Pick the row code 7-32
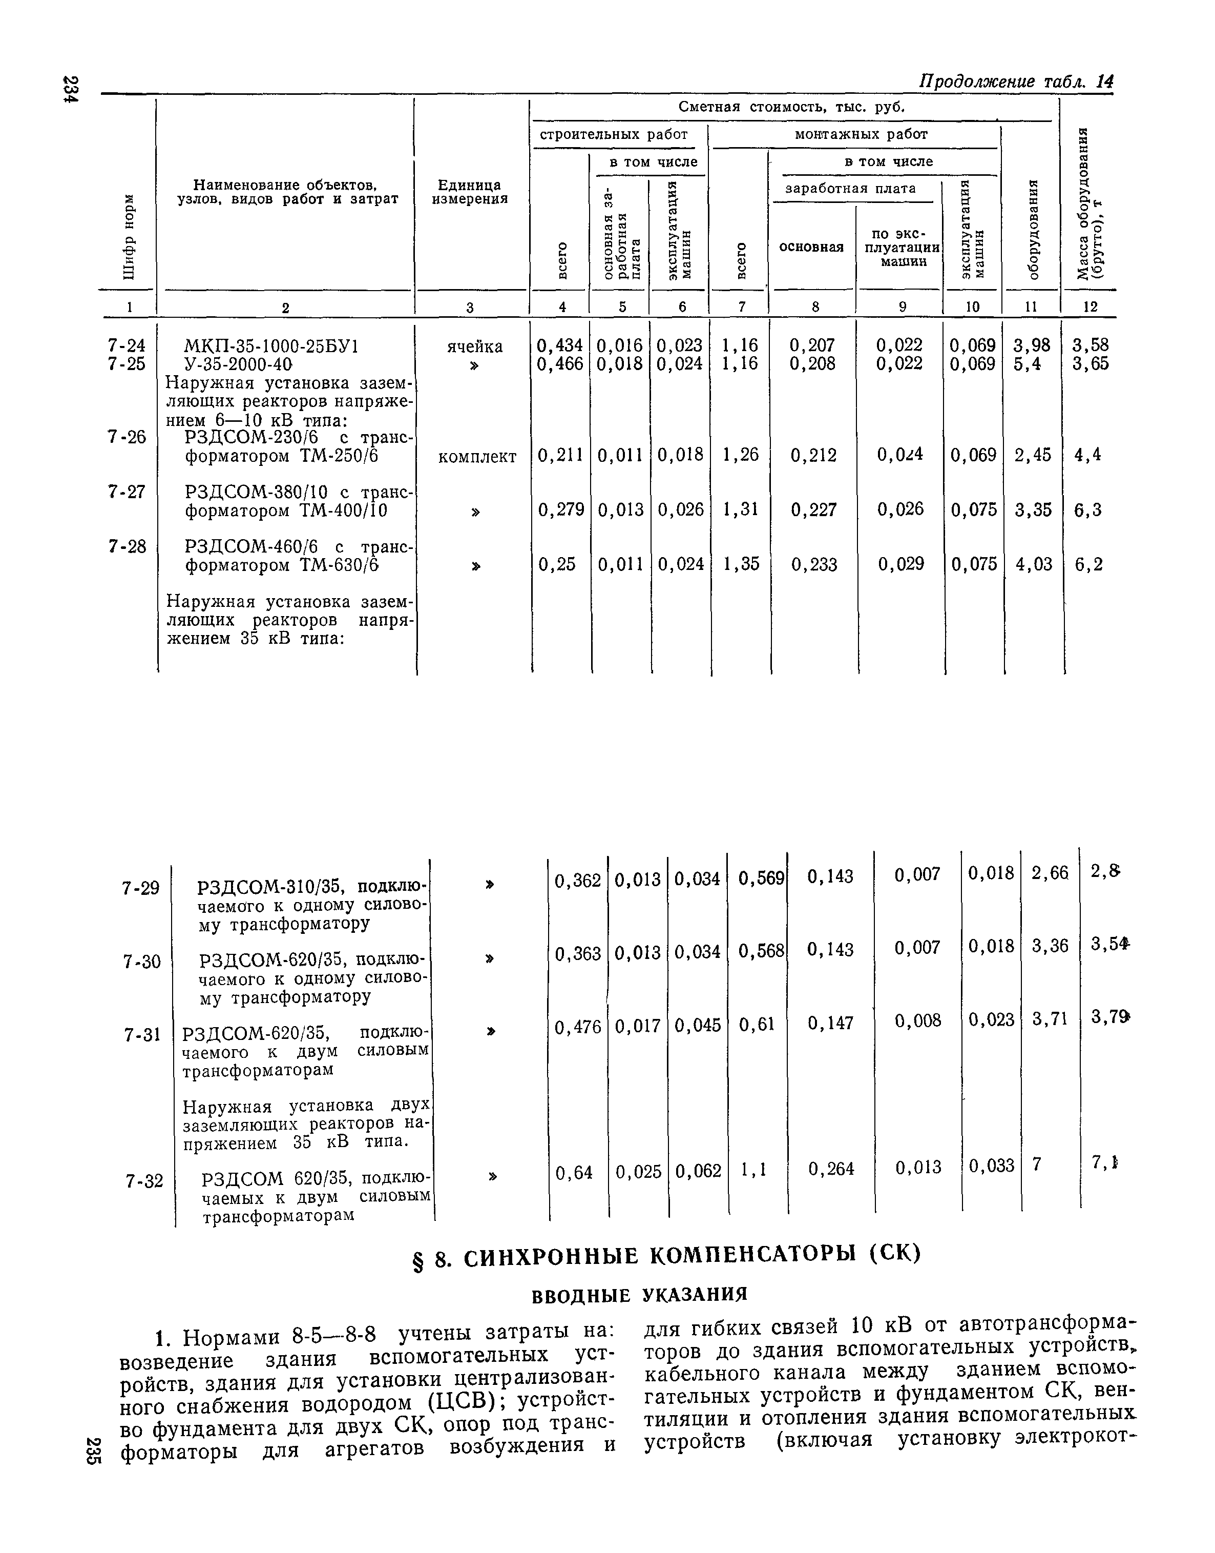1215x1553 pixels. [x=144, y=1181]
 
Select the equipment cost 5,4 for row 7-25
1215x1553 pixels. [x=1027, y=364]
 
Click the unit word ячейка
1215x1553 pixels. [x=474, y=346]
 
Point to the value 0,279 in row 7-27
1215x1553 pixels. [x=561, y=509]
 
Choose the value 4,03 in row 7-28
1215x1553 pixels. [x=1032, y=564]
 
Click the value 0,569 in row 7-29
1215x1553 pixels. [x=761, y=879]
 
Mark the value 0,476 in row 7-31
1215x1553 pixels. [x=578, y=1026]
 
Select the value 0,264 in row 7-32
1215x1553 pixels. [x=831, y=1169]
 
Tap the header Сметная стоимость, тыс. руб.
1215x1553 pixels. [x=791, y=107]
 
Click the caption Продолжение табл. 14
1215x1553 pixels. [x=1017, y=81]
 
